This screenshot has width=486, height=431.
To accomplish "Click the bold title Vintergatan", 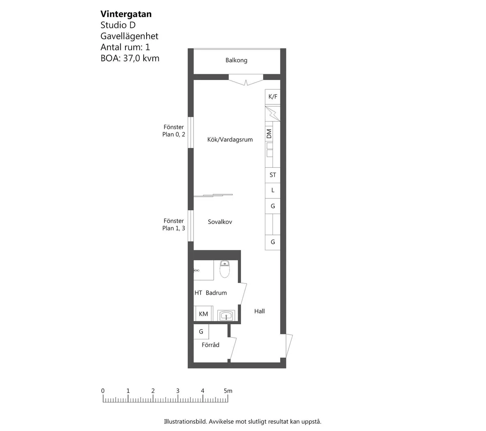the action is click(126, 14).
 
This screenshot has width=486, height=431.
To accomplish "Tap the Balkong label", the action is click(236, 60).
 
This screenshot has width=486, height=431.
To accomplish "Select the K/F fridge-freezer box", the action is click(273, 97).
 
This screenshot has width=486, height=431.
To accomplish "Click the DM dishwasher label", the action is click(269, 133).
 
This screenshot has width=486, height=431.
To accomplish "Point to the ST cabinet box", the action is click(273, 175).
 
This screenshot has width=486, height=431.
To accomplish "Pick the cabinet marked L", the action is click(273, 190).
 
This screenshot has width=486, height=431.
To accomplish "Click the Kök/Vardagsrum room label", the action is click(230, 139).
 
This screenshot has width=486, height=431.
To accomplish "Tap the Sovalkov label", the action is click(220, 222).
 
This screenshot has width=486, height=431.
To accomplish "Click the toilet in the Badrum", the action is click(224, 269).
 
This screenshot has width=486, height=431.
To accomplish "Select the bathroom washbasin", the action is click(226, 316).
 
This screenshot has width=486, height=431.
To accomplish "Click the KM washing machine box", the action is click(203, 314).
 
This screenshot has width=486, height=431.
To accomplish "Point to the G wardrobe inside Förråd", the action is click(201, 332).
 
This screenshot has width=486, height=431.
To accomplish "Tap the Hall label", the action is click(259, 311).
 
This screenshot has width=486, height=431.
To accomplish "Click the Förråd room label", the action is click(210, 344).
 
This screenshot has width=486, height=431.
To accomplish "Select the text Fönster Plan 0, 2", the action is click(174, 131).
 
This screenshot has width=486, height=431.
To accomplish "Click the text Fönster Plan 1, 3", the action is click(174, 225).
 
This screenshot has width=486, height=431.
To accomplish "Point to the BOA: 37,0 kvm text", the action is click(130, 58).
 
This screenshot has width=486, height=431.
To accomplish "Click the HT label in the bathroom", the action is click(198, 293).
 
